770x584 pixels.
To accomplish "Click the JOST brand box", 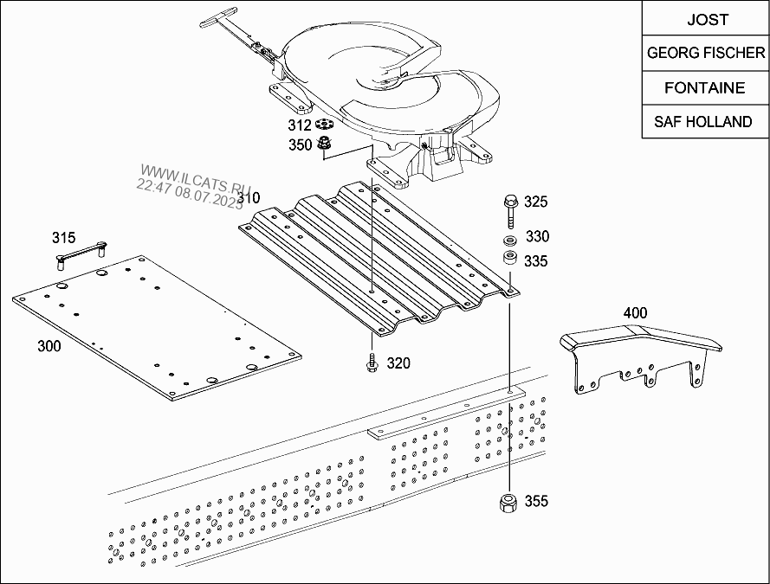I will pos(707,19).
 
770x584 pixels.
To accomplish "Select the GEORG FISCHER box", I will pos(707,53).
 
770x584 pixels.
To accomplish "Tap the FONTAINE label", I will pos(707,87).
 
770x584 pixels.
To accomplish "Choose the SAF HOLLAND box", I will pos(707,122).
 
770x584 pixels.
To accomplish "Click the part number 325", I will pos(537,202).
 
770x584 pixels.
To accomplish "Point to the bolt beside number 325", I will pos(509,208).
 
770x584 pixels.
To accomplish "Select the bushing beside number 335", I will pos(509,259).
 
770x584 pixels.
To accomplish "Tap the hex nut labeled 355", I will pos(509,502).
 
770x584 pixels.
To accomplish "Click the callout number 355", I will pos(537,501).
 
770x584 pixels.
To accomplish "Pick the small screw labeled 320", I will pos(371,363).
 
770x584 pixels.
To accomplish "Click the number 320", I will pos(398,363).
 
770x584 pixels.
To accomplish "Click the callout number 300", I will pos(49,347).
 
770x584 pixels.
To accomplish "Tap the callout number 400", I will pos(635,313).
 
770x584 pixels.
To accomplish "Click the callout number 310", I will pos(249,199).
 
